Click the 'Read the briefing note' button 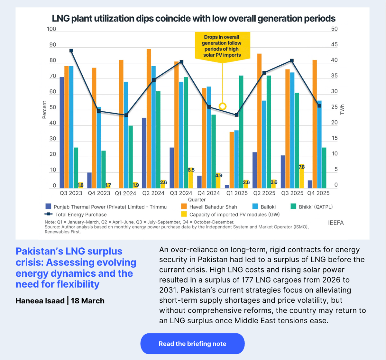coord(192,344)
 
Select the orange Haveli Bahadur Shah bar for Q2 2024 coord(149,119)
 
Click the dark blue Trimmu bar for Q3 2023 coord(62,133)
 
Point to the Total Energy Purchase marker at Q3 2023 coord(71,51)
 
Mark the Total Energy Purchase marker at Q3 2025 coord(292,60)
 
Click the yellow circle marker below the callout coord(223,106)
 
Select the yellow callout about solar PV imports coord(222,46)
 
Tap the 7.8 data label coord(301,167)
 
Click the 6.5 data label coord(191,170)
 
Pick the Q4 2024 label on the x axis coord(208,193)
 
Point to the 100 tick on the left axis coord(51,29)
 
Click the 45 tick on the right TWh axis coord(335,44)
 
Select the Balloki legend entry coord(268,207)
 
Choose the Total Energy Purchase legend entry coord(81,215)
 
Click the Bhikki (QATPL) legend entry coord(315,207)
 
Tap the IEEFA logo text coord(336,223)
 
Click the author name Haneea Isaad coord(40,301)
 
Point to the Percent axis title coord(44,110)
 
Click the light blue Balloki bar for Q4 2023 coord(99,147)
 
